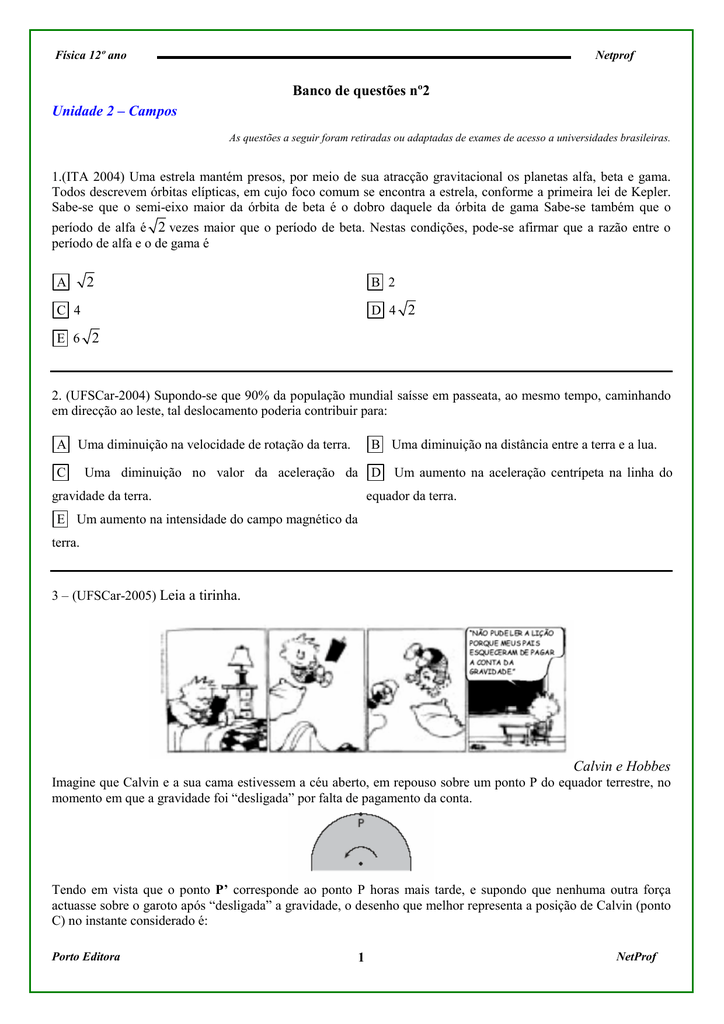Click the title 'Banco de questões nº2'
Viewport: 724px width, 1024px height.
[x=361, y=91]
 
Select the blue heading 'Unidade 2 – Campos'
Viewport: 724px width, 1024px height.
[x=114, y=111]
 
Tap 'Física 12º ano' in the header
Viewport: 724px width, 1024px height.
[x=90, y=56]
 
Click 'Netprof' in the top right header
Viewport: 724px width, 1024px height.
[x=615, y=56]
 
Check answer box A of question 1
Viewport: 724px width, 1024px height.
[x=61, y=283]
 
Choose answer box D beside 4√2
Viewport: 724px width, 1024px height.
[x=376, y=311]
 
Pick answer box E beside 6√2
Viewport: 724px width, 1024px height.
[x=61, y=339]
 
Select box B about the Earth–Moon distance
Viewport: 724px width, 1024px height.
[x=376, y=444]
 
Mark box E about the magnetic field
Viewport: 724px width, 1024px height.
[x=61, y=519]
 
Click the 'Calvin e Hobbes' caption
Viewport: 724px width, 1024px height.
[x=622, y=766]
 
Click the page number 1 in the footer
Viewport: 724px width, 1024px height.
[x=361, y=959]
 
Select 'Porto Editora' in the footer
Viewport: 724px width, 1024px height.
[x=86, y=957]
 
